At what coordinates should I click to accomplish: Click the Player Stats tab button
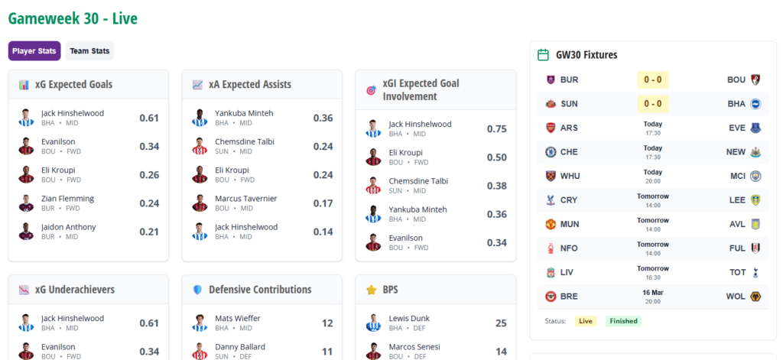(34, 51)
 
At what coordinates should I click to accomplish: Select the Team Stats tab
(89, 51)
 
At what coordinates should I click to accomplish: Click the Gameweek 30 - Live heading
(73, 18)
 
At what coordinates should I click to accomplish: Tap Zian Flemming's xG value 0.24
(149, 203)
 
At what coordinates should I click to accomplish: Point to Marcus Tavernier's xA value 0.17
(323, 203)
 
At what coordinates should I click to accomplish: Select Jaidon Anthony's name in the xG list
(69, 227)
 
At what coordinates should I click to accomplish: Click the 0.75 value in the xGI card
(497, 129)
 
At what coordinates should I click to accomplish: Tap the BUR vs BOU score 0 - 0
(653, 79)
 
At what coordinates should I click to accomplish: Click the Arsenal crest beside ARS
(551, 128)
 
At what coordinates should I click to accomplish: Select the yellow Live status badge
(586, 321)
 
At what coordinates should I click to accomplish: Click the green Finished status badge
(623, 321)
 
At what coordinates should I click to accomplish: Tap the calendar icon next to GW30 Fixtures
(544, 55)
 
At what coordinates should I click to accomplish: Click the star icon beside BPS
(372, 290)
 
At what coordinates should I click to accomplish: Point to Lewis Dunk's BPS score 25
(501, 323)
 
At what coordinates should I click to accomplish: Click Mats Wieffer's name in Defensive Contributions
(237, 318)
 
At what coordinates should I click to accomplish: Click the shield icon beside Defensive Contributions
(197, 290)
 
